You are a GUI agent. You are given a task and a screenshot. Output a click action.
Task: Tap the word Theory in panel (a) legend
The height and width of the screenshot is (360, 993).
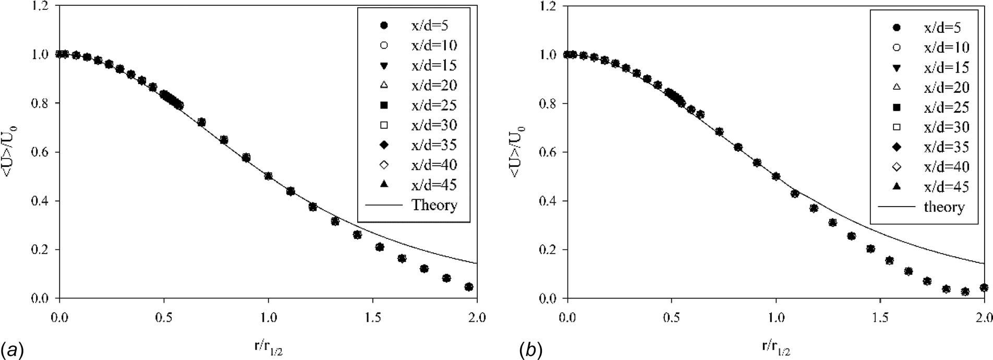434,205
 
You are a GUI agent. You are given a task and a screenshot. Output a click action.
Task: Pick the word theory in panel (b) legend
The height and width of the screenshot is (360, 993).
944,207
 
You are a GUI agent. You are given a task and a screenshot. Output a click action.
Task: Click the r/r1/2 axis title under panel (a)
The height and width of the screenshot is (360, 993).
268,345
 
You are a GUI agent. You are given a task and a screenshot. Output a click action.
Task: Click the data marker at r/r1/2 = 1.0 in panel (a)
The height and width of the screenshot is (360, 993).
269,176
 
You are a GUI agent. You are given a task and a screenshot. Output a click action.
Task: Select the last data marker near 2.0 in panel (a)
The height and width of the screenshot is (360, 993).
468,287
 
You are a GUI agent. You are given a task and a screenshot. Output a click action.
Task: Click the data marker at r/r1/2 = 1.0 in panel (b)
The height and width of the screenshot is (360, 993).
776,176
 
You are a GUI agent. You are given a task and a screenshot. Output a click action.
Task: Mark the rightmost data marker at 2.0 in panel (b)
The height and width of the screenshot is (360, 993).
984,287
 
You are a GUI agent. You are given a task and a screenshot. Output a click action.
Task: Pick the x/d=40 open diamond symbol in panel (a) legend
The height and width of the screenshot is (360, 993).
384,165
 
